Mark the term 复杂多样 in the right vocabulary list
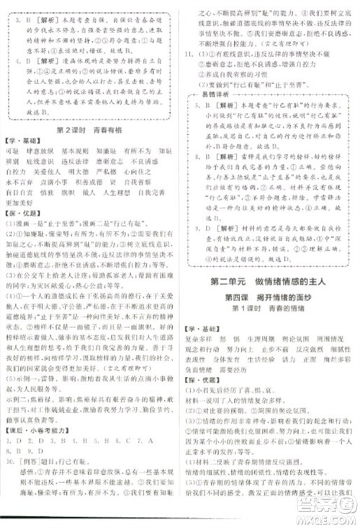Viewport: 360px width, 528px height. click(x=202, y=334)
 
